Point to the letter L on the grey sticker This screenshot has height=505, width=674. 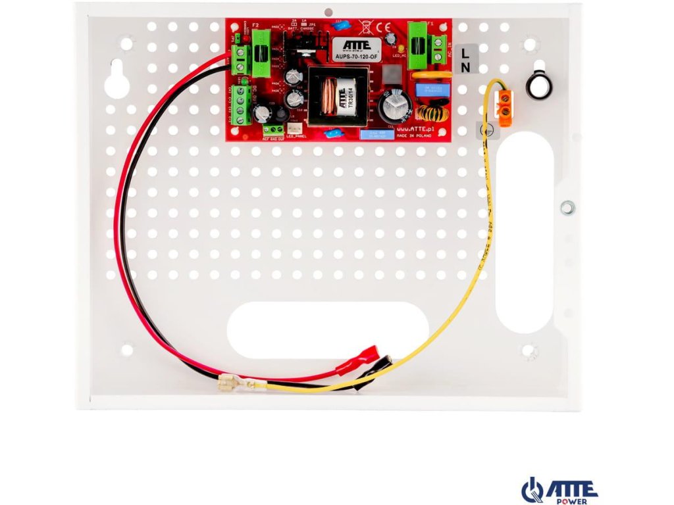tap(466, 52)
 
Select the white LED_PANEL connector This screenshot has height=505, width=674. tap(294, 130)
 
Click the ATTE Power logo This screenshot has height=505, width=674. tap(559, 490)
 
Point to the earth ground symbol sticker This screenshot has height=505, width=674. tap(488, 131)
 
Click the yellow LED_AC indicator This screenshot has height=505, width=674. tap(394, 50)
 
